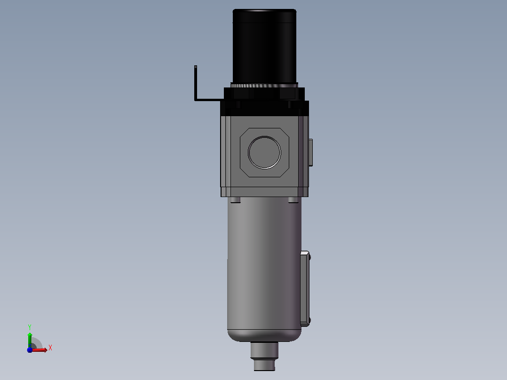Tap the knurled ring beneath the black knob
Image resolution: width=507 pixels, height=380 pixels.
(x=264, y=86)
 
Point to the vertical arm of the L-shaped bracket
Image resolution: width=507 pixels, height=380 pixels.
(x=196, y=83)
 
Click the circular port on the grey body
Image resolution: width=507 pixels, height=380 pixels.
(x=264, y=152)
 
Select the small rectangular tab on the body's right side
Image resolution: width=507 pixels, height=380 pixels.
(x=311, y=152)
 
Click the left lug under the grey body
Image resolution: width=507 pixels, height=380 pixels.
(x=235, y=200)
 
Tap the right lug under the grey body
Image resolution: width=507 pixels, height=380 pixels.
(x=293, y=200)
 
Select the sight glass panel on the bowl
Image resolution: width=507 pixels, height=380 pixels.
(x=305, y=288)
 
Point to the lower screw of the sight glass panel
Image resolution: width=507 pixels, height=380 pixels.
(x=310, y=320)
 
